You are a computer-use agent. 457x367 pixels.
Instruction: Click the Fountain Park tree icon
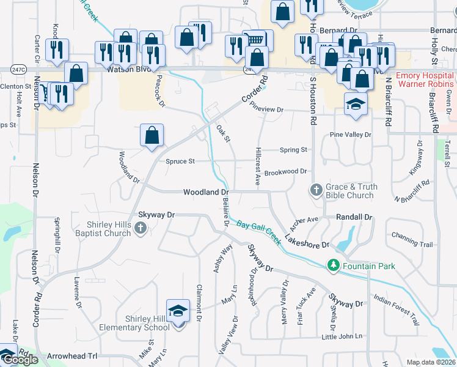tap(333, 265)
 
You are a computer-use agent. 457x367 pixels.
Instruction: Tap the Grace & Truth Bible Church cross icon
tap(316, 190)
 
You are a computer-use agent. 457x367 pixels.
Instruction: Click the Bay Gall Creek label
tap(259, 232)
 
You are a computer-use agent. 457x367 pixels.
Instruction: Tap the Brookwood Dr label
tap(285, 172)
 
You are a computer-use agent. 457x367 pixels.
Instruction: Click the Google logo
tap(21, 360)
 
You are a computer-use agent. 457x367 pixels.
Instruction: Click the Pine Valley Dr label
tap(350, 135)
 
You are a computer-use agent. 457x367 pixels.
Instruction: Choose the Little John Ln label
tap(342, 336)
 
